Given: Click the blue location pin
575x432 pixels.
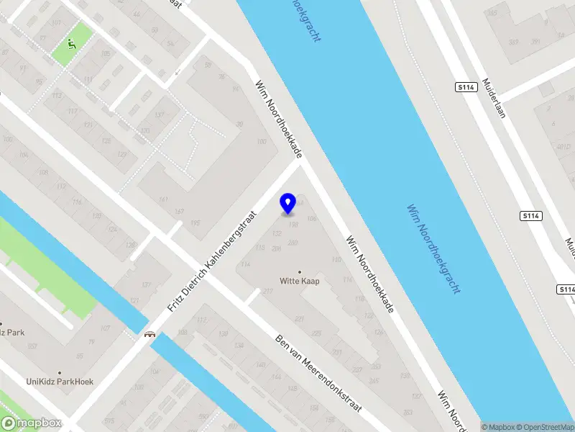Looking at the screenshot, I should (288, 204).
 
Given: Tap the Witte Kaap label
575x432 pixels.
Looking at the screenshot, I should (300, 281).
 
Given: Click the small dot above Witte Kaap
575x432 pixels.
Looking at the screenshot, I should (300, 271).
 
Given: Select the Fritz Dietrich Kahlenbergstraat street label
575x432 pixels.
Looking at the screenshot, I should (212, 261).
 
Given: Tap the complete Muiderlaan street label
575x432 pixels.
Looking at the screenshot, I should (495, 98).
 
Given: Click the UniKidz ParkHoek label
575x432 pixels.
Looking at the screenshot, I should (60, 382).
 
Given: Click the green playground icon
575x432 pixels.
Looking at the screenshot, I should (70, 45).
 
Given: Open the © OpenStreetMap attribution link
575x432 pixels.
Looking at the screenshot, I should (544, 427).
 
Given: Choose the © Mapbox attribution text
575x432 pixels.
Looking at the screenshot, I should (497, 427).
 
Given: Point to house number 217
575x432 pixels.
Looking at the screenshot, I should (268, 292).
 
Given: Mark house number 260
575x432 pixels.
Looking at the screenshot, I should (293, 243).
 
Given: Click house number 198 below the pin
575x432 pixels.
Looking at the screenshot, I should (293, 225).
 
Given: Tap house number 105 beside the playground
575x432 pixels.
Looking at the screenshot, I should (106, 54).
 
